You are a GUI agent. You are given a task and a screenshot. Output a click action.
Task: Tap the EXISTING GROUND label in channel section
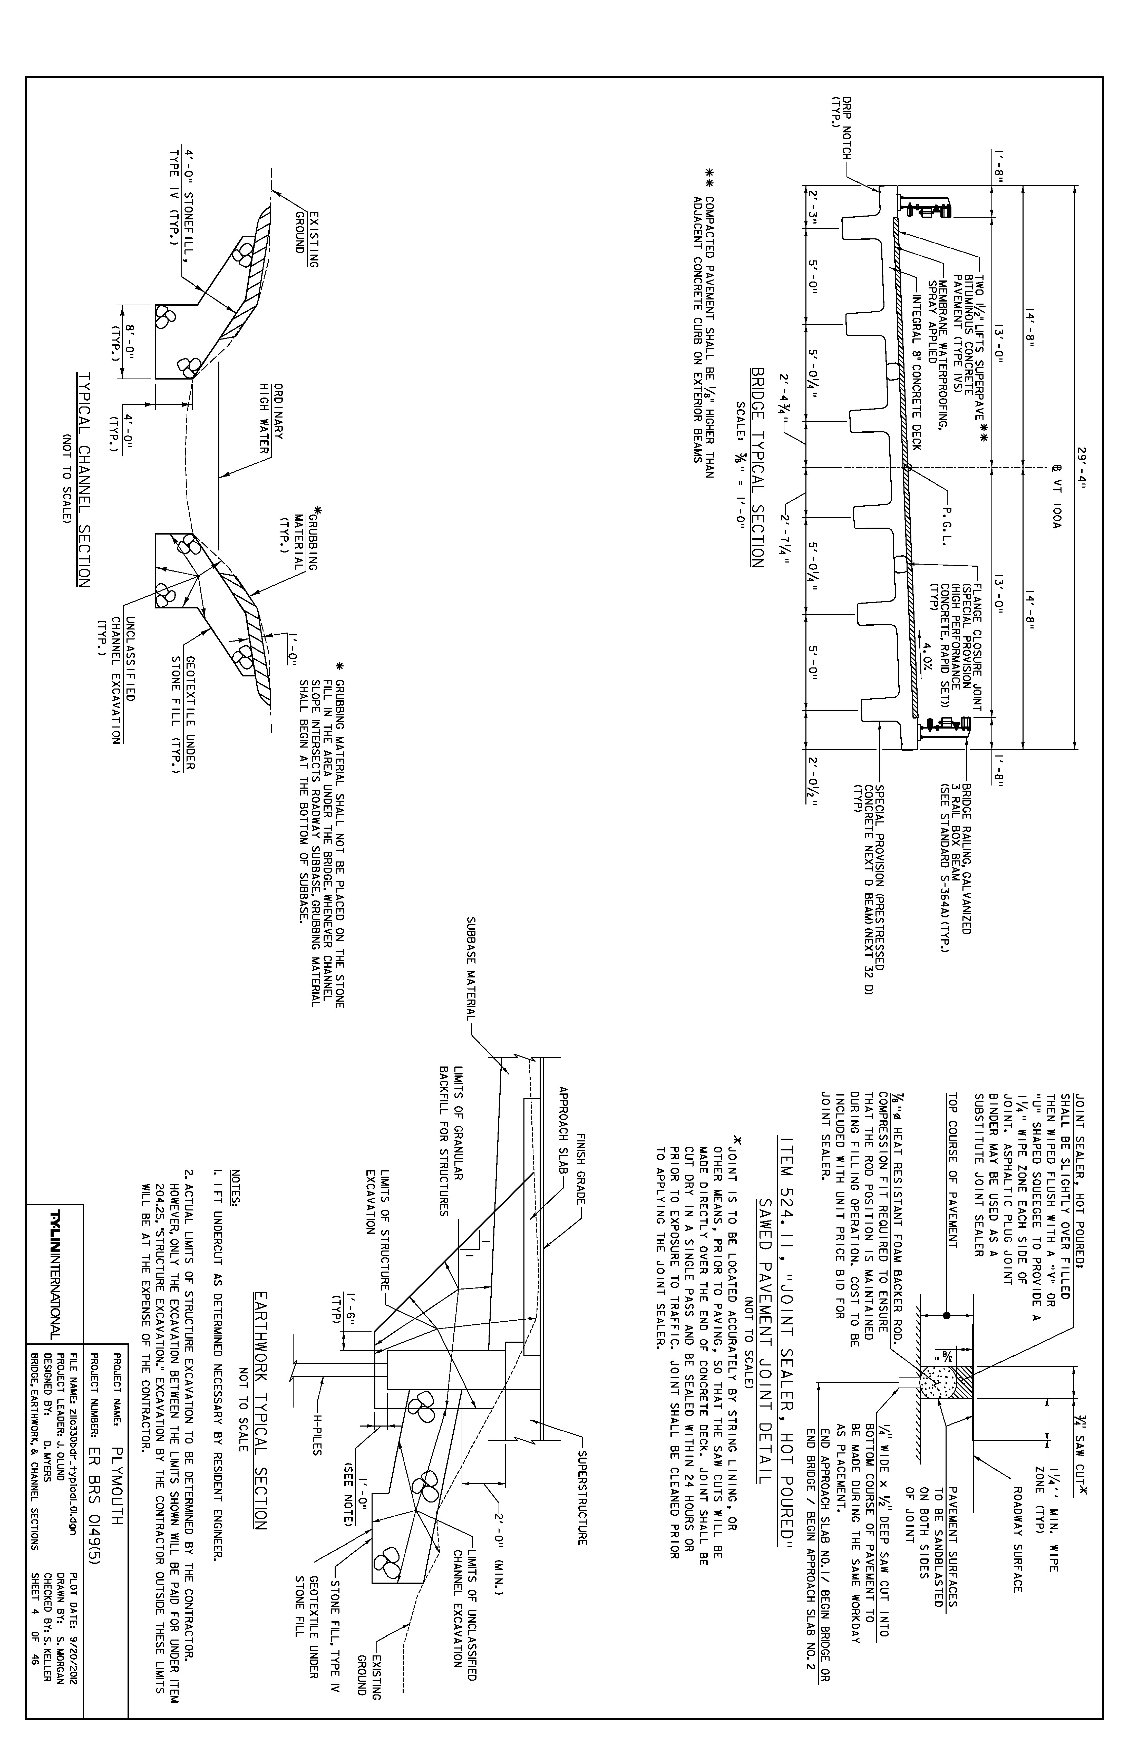306,232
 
